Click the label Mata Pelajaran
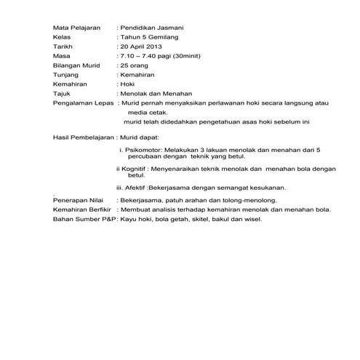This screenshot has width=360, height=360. (76, 28)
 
